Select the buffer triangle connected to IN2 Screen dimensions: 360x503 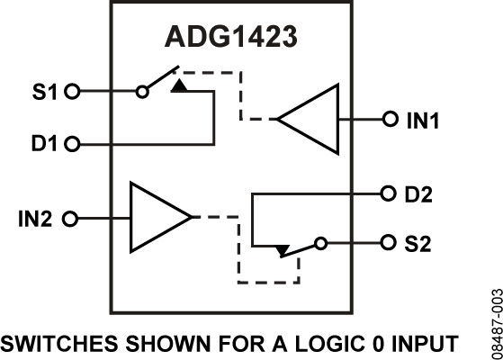(x=157, y=218)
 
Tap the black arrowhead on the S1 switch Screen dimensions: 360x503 (x=180, y=85)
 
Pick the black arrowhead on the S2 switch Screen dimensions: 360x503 (x=283, y=249)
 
